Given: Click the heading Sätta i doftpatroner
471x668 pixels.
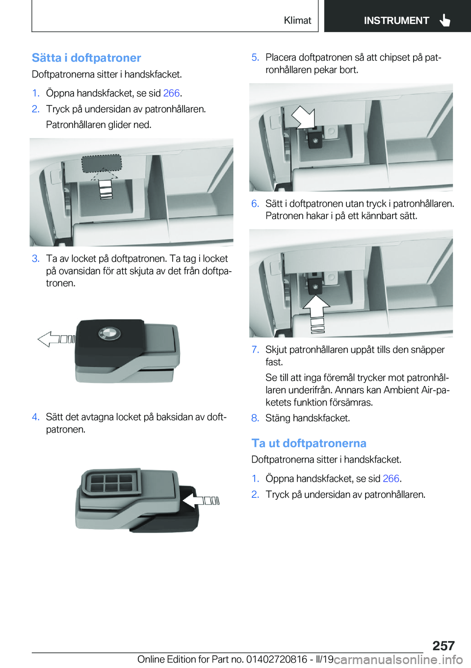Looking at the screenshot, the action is tap(86, 58).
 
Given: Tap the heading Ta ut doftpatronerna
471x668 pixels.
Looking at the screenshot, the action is tap(309, 443).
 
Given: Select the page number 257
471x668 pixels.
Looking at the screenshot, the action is tap(443, 646).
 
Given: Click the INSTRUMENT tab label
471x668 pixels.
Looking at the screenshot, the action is tap(396, 21).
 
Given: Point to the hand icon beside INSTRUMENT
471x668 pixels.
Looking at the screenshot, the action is tap(445, 20).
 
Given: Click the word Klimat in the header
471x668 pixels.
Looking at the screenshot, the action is tap(297, 20).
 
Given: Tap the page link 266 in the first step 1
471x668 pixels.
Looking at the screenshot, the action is tap(172, 93).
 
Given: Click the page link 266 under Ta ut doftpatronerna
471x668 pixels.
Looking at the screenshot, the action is tap(391, 479).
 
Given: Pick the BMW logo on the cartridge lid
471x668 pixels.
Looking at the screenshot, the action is tap(109, 334).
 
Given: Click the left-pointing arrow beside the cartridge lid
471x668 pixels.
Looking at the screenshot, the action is tap(56, 339).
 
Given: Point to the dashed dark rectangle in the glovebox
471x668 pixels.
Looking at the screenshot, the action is tap(102, 163).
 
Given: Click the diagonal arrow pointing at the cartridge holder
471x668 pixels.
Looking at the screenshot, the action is tap(304, 117).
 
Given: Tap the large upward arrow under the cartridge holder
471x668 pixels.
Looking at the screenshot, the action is tap(316, 313).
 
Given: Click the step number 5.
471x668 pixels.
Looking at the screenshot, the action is tap(255, 57).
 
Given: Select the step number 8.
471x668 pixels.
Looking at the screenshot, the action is tap(255, 418).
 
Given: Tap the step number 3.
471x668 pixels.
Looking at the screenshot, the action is tap(35, 258).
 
